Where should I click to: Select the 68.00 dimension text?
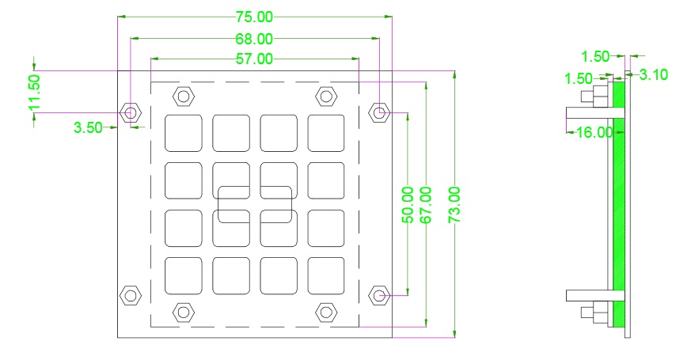(x=254, y=38)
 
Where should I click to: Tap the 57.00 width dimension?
(x=254, y=59)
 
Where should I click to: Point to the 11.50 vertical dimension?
(x=32, y=91)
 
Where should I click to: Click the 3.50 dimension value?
(x=88, y=127)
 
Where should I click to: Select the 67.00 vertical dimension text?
(x=427, y=205)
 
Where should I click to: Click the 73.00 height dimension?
(x=454, y=205)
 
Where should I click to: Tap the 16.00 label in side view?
(x=594, y=132)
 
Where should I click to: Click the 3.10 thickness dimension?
(x=653, y=75)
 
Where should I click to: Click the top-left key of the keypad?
(x=184, y=132)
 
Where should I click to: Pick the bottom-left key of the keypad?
(x=184, y=275)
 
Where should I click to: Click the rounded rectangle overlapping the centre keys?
(x=255, y=204)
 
